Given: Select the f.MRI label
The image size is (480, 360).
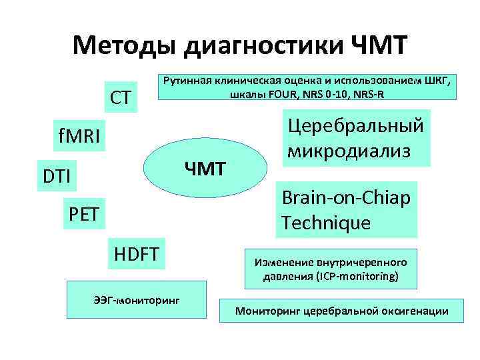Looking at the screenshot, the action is click(x=79, y=138).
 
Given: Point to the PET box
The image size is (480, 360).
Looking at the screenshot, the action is click(x=85, y=215).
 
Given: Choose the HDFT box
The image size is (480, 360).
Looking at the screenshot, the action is click(x=137, y=253).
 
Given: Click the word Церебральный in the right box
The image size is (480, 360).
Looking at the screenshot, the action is click(x=355, y=125).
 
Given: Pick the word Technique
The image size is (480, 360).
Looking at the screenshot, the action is click(x=326, y=222).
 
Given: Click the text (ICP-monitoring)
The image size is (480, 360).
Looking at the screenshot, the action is click(x=359, y=275).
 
